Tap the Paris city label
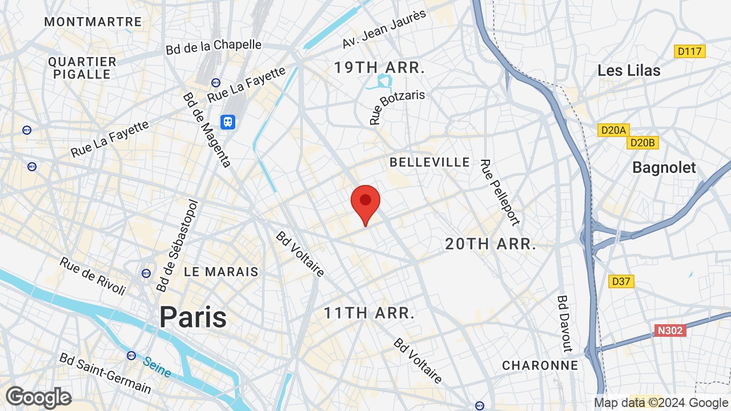point(192,317)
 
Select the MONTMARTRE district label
point(93,22)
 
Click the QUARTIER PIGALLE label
point(82,68)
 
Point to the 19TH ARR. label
point(379,68)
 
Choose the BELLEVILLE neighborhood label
point(429,162)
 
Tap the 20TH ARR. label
point(491,244)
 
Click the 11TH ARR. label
point(369,313)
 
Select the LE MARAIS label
point(221,272)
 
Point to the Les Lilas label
point(629,71)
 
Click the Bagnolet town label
point(664,168)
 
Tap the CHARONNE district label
point(540,365)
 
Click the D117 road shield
point(689,51)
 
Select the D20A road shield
point(613,130)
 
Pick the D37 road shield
point(621,281)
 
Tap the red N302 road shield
point(669,331)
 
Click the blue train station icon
point(228,122)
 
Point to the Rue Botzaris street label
point(396,106)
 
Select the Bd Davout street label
point(565,323)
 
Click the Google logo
point(38,397)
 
